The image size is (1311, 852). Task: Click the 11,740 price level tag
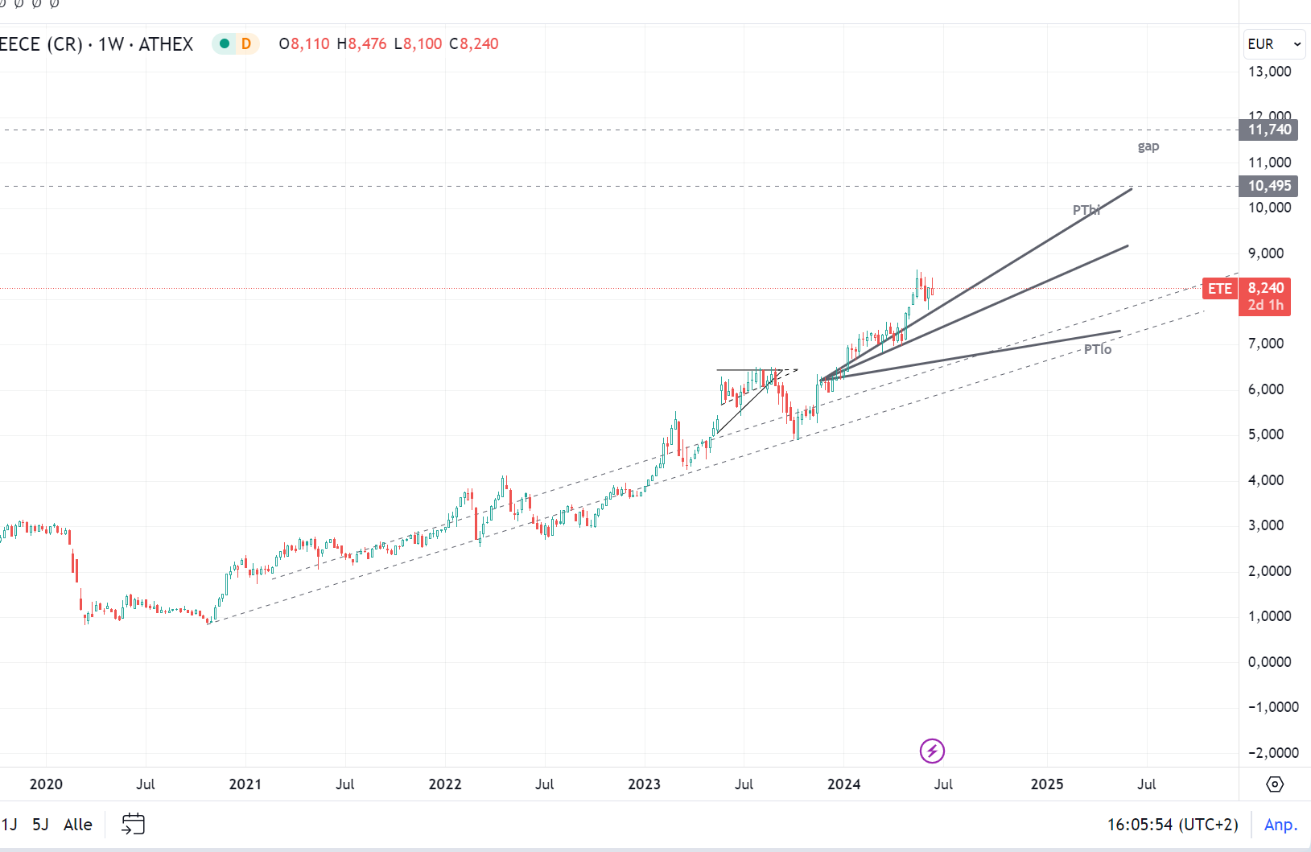tap(1268, 130)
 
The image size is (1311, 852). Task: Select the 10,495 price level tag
tap(1268, 186)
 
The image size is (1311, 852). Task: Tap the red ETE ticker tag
tap(1219, 289)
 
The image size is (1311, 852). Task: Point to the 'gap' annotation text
tap(1148, 146)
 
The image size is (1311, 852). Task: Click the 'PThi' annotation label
tap(1086, 210)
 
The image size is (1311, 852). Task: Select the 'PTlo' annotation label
tap(1098, 349)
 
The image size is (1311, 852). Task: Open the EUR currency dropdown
tap(1274, 44)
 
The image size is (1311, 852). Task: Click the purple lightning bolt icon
tap(932, 751)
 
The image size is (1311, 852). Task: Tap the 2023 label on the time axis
tap(644, 784)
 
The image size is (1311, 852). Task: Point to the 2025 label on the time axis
tap(1047, 784)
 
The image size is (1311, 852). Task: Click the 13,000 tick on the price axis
tap(1269, 72)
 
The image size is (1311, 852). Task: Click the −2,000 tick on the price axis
tap(1272, 753)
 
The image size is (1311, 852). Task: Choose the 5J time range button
tap(40, 825)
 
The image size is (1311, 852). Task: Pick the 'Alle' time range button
tap(78, 825)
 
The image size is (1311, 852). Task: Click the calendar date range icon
tap(133, 824)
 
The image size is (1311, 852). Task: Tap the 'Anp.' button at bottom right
tap(1280, 825)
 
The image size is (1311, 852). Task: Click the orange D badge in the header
tap(246, 44)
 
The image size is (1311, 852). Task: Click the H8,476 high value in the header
tap(361, 44)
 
